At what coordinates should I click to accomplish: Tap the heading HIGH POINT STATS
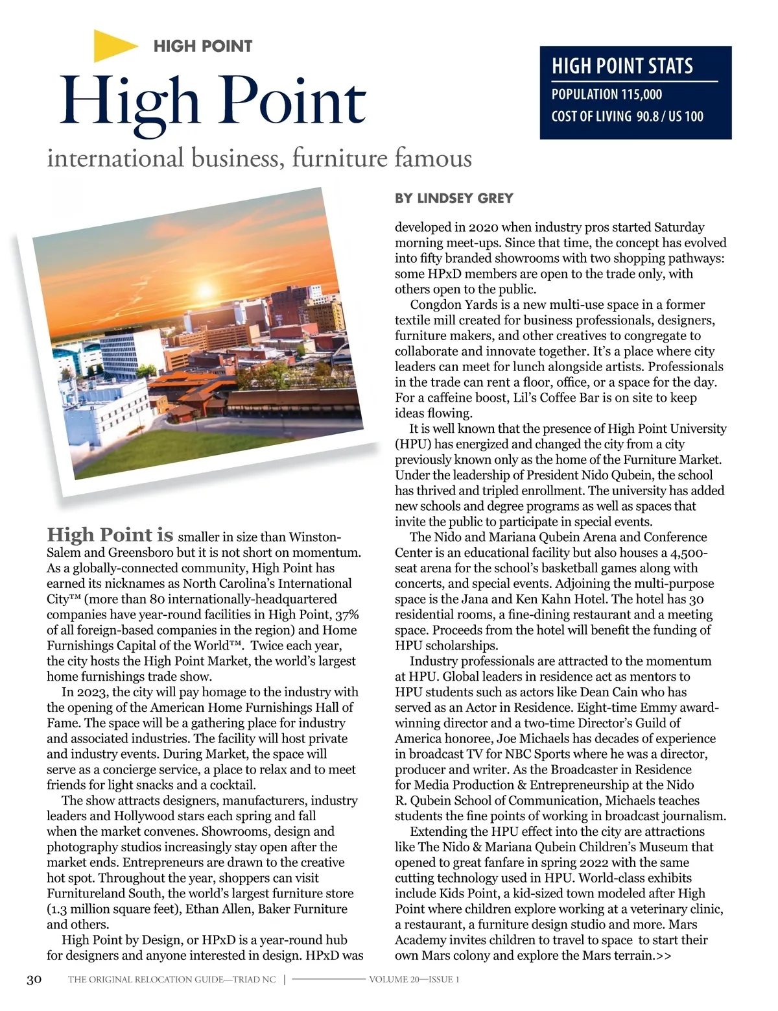tap(622, 66)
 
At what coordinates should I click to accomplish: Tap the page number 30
tap(34, 979)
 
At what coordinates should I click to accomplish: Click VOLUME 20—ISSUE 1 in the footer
tap(414, 979)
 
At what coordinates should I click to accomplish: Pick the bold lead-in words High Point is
tap(110, 535)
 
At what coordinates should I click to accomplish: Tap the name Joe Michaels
tap(534, 738)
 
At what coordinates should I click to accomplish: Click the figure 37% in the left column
tap(347, 615)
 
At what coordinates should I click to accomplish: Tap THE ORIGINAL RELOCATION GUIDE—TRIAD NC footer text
tap(172, 979)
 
